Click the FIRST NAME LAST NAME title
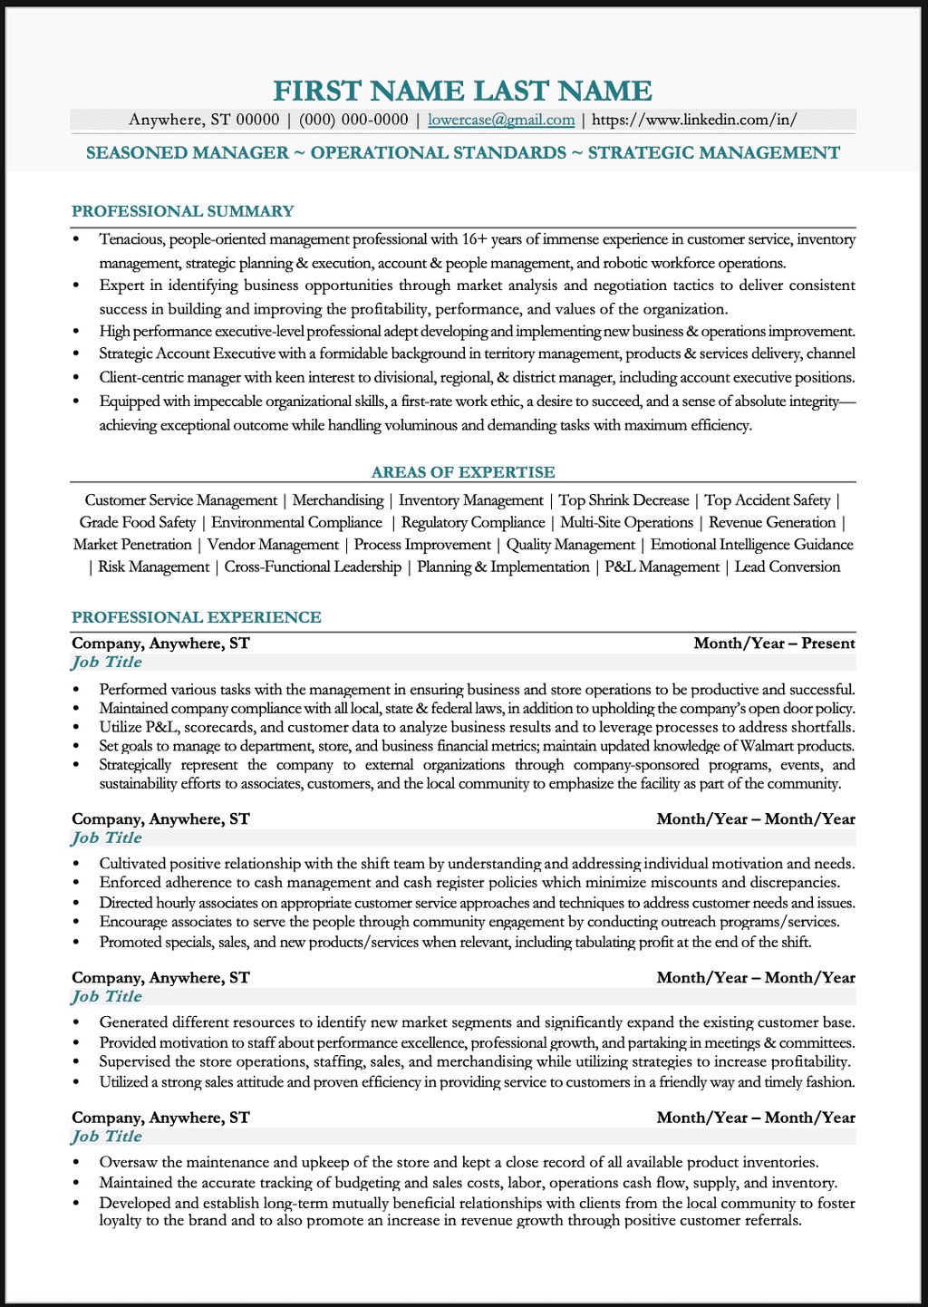click(462, 91)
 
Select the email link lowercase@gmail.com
click(501, 120)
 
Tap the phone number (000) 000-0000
click(353, 120)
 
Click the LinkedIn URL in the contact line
click(694, 120)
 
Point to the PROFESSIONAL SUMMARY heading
click(183, 211)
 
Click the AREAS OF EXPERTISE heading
click(463, 472)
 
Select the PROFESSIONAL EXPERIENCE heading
click(197, 617)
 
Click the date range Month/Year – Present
click(774, 644)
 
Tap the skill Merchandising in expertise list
click(338, 500)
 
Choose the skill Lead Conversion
click(787, 567)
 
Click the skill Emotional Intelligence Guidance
click(751, 545)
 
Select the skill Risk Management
click(153, 567)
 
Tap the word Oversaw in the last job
click(129, 1162)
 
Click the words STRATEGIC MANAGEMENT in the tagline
click(714, 153)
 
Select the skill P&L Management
click(662, 567)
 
